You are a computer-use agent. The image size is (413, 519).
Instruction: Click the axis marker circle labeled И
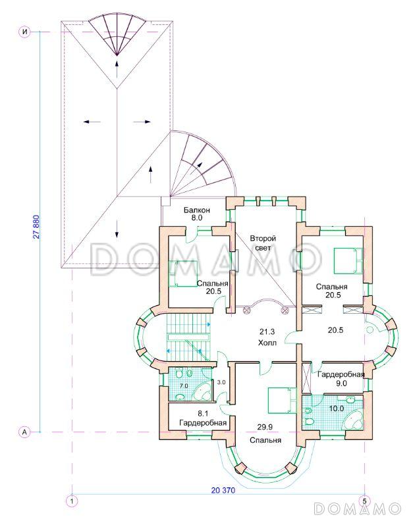pos(24,32)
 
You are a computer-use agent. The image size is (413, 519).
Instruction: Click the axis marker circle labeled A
pos(24,432)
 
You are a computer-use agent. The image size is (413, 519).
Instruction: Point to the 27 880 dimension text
pos(36,228)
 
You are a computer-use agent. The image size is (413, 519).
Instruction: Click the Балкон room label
pos(197,210)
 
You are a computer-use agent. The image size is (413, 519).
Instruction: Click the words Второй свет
pos(263,243)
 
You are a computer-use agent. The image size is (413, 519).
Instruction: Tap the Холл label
pos(267,343)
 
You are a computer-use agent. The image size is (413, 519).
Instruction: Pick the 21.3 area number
pos(267,332)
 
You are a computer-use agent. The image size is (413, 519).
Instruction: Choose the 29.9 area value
pos(265,428)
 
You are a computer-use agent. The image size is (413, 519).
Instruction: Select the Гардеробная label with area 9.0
pos(341,375)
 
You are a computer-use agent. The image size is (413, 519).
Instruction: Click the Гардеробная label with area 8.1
pos(203,423)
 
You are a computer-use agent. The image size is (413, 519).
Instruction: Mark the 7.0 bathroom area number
pos(184,385)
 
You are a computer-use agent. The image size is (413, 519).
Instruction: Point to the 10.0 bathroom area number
pos(337,408)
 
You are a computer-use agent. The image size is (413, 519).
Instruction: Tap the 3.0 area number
pos(221,382)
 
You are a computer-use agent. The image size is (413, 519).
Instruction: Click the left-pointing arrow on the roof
pos(92,122)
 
